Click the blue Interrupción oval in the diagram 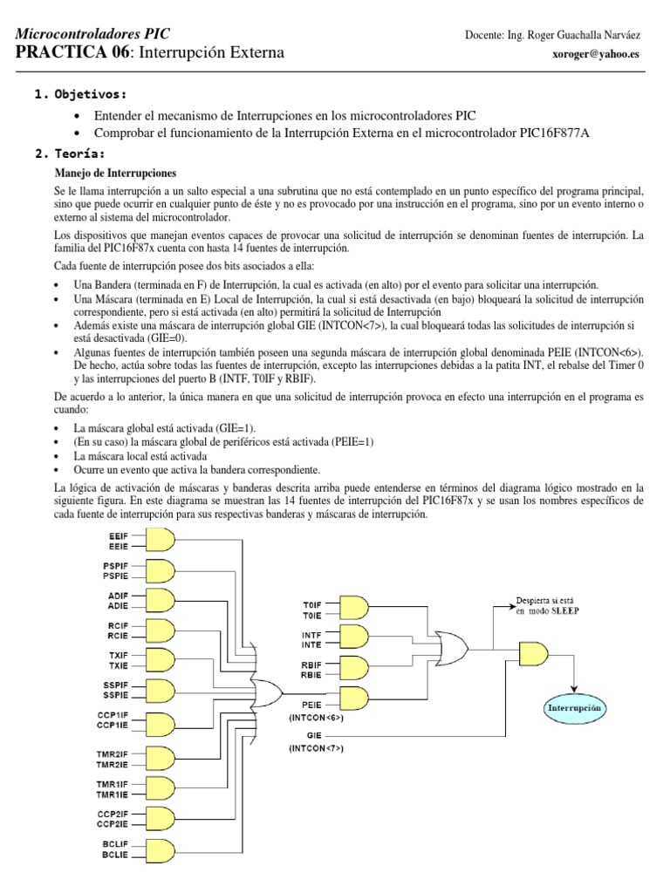coord(575,708)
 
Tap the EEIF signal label coord(117,534)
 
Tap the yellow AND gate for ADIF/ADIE coord(157,599)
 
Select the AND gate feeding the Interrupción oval coord(536,651)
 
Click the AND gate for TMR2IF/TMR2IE coord(156,760)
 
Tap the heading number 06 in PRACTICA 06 coord(109,53)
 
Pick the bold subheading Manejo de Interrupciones coord(115,173)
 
